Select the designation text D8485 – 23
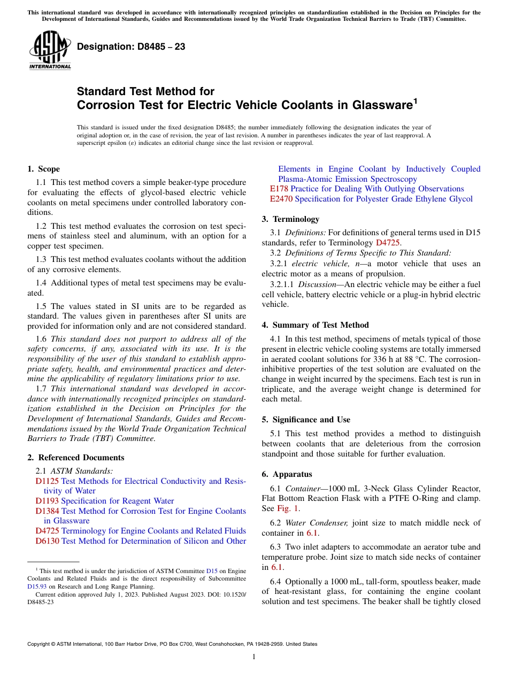pos(131,47)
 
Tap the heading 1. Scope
pos(43,169)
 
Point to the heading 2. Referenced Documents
pos(75,458)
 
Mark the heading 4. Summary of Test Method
pos(315,325)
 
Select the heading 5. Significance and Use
pos(306,420)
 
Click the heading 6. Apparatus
pos(287,474)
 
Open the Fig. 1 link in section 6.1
pos(289,508)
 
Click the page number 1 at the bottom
pos(254,657)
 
